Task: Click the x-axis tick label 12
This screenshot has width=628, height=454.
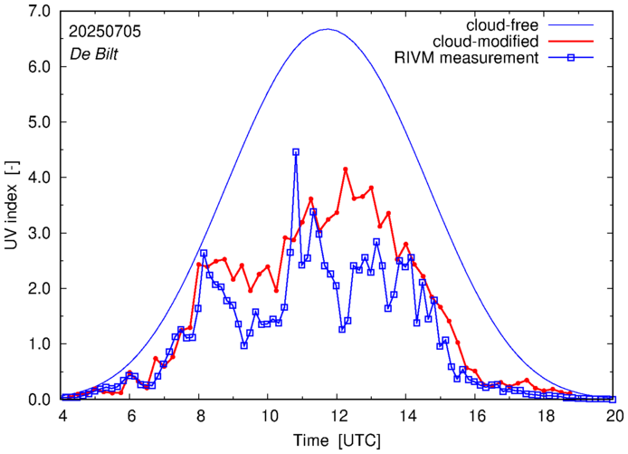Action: pyautogui.click(x=338, y=414)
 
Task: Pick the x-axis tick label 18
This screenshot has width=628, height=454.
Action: pyautogui.click(x=546, y=414)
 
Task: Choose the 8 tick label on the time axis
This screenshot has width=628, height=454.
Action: pyautogui.click(x=200, y=414)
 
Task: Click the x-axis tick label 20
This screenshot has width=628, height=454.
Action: pyautogui.click(x=614, y=414)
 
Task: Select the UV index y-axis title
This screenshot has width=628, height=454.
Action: pyautogui.click(x=12, y=205)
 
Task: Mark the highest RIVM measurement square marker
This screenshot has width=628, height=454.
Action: pyautogui.click(x=296, y=152)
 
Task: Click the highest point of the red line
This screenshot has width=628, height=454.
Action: pyautogui.click(x=346, y=169)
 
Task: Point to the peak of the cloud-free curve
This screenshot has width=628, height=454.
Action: pyautogui.click(x=328, y=29)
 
